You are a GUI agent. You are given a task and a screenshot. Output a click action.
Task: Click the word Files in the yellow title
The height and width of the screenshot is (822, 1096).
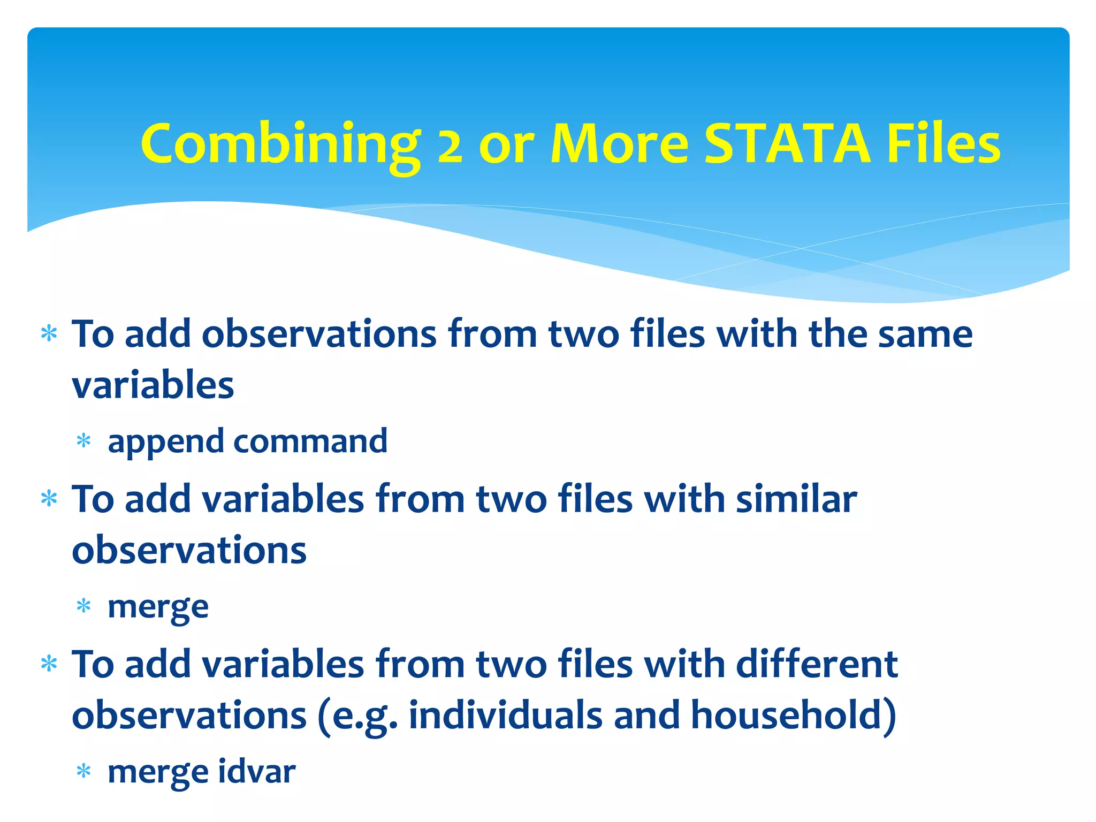[943, 143]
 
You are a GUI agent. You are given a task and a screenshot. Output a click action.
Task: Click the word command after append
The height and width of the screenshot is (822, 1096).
[310, 441]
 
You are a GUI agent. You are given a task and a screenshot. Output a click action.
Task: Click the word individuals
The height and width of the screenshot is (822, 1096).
[505, 715]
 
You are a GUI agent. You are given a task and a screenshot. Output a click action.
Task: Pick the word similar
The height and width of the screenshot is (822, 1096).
[796, 499]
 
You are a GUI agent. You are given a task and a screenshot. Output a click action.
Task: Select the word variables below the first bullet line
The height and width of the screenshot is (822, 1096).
[153, 385]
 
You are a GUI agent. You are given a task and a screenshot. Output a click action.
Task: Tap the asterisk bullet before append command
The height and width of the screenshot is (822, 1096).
[83, 442]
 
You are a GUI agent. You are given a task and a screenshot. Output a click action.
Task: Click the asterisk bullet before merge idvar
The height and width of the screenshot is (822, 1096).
[83, 772]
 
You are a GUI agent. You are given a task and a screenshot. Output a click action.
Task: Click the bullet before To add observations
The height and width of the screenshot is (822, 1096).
[49, 334]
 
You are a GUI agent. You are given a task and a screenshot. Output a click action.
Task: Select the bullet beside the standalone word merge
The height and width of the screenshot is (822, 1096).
[83, 607]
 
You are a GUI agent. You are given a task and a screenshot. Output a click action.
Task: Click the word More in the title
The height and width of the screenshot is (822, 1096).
[619, 143]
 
